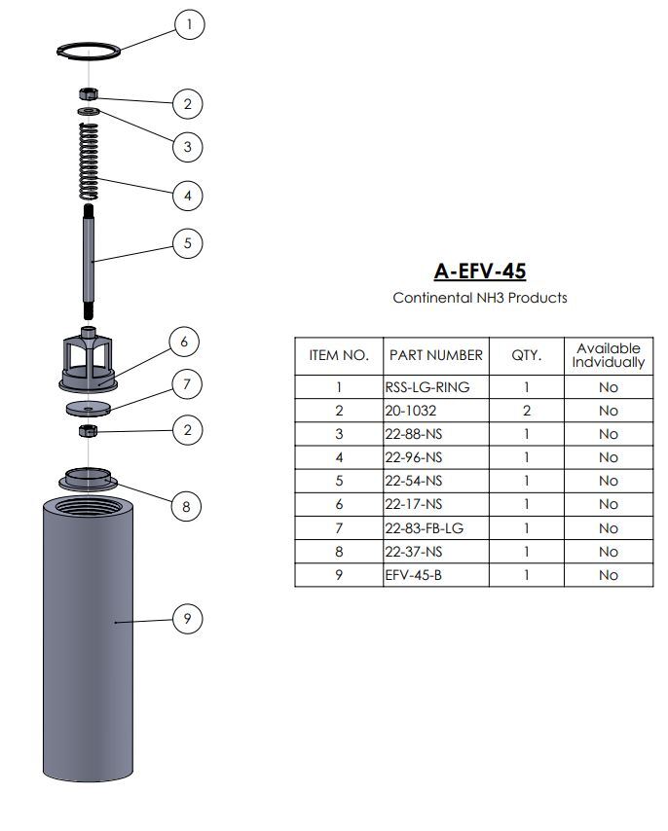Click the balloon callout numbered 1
point(190,23)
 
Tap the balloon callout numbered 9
point(188,618)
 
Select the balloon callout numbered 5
point(188,243)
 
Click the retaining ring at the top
point(89,54)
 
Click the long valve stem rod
point(89,263)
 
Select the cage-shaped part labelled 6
point(89,359)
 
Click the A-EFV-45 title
point(479,271)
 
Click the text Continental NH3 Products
point(479,298)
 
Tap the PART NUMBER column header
point(435,355)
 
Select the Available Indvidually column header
point(608,355)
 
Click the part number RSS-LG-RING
point(427,387)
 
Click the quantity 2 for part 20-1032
point(527,411)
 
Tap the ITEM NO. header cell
point(339,355)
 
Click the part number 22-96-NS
point(413,457)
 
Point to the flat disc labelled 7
point(89,407)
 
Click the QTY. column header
point(527,355)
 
